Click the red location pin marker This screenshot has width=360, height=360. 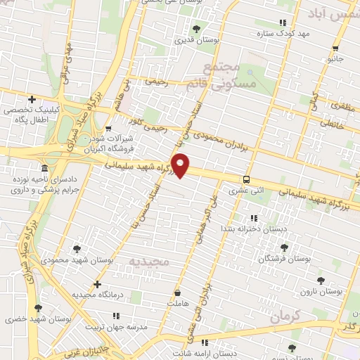pyautogui.click(x=181, y=165)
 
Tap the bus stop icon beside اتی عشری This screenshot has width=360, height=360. pyautogui.click(x=245, y=179)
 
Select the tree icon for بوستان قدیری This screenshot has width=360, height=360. pyautogui.click(x=195, y=29)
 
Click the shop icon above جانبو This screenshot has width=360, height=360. pyautogui.click(x=335, y=48)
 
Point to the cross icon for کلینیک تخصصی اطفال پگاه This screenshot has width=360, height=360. pyautogui.click(x=32, y=99)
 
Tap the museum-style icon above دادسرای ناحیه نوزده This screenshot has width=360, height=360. pyautogui.click(x=45, y=169)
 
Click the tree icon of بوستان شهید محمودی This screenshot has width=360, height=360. pyautogui.click(x=77, y=248)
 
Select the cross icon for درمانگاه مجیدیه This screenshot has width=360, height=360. pyautogui.click(x=97, y=284)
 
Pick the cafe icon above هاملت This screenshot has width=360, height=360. pyautogui.click(x=178, y=291)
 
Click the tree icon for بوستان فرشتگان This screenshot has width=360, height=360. pyautogui.click(x=283, y=247)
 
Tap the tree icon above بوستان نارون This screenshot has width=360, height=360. pyautogui.click(x=321, y=280)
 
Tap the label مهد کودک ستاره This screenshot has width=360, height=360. pyautogui.click(x=303, y=33)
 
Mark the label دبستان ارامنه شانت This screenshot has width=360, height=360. pyautogui.click(x=204, y=353)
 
